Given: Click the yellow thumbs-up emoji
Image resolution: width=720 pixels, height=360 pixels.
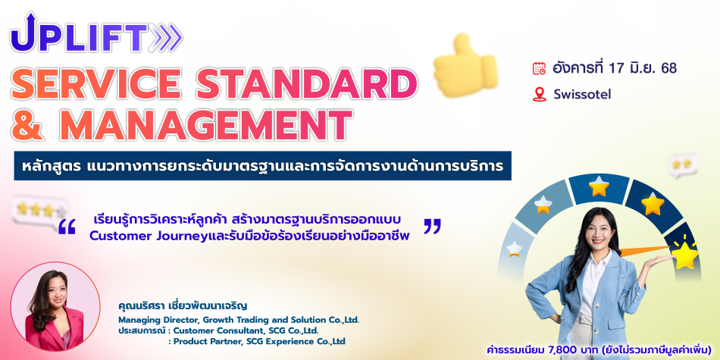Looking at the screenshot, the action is click(x=465, y=66).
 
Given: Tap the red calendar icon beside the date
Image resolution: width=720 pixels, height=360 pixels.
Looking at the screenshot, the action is click(x=539, y=68).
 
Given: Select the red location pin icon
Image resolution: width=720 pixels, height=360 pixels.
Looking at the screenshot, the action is click(x=539, y=94).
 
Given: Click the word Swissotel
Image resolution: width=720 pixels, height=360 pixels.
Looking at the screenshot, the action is click(x=582, y=94).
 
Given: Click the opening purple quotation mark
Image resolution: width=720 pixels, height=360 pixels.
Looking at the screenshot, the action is click(x=67, y=227).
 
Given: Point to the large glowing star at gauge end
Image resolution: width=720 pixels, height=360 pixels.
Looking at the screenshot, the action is click(x=685, y=255).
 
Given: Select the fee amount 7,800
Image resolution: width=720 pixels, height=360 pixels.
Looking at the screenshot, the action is click(x=556, y=350).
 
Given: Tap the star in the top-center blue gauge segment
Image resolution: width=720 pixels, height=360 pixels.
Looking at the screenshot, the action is click(x=599, y=186).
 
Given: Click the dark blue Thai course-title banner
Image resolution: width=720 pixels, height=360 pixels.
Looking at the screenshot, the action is click(x=262, y=165).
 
